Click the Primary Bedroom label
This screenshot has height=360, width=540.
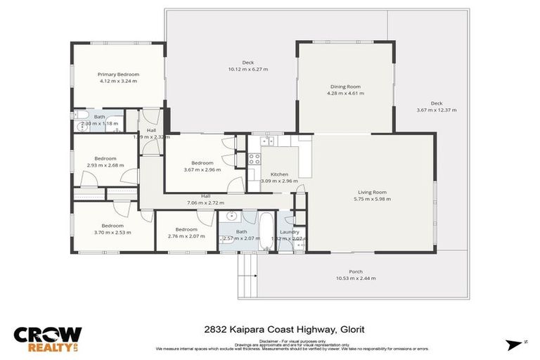coord(118,75)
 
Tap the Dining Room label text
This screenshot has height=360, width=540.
coord(345,86)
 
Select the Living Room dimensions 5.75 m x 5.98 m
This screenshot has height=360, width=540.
coord(372,199)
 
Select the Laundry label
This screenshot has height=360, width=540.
coord(290,232)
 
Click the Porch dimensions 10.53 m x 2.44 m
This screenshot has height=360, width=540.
coord(356,278)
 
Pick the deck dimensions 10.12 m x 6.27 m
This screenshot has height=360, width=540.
coord(247,70)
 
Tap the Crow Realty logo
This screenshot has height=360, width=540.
coord(48,339)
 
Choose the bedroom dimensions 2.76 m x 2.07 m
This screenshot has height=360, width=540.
coord(186,236)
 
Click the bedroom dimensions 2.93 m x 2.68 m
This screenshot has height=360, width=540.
coord(105,165)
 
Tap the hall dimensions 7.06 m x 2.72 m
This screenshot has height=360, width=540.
coord(205,202)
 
